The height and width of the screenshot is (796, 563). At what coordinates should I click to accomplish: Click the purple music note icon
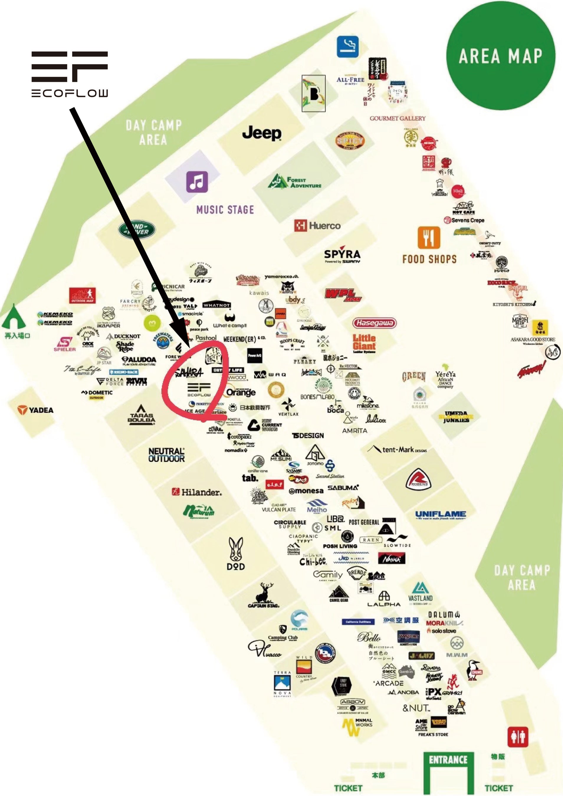(x=197, y=182)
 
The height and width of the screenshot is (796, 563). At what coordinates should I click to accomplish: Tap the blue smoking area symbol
(x=348, y=47)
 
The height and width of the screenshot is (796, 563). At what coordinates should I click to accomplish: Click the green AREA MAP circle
(x=500, y=56)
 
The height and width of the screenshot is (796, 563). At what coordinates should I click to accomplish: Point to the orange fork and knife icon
(x=429, y=238)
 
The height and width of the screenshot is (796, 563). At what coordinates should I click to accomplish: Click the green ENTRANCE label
(x=448, y=760)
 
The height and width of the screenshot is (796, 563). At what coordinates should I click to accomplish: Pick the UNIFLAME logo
(x=440, y=514)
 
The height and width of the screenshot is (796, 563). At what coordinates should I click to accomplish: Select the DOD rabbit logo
(x=236, y=554)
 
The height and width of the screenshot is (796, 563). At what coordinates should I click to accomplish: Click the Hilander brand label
(x=197, y=492)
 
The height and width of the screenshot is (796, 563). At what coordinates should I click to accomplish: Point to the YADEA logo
(x=36, y=410)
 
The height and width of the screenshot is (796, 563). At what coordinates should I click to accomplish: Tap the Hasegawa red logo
(x=374, y=323)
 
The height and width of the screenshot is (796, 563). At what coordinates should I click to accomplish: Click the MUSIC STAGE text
(x=225, y=210)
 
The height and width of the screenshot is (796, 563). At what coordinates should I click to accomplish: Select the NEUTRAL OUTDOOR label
(x=167, y=455)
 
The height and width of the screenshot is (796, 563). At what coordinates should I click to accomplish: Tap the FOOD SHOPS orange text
(x=429, y=259)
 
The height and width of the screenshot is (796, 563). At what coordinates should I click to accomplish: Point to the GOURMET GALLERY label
(x=398, y=118)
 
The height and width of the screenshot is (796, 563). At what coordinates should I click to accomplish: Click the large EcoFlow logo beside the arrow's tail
(x=70, y=74)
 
